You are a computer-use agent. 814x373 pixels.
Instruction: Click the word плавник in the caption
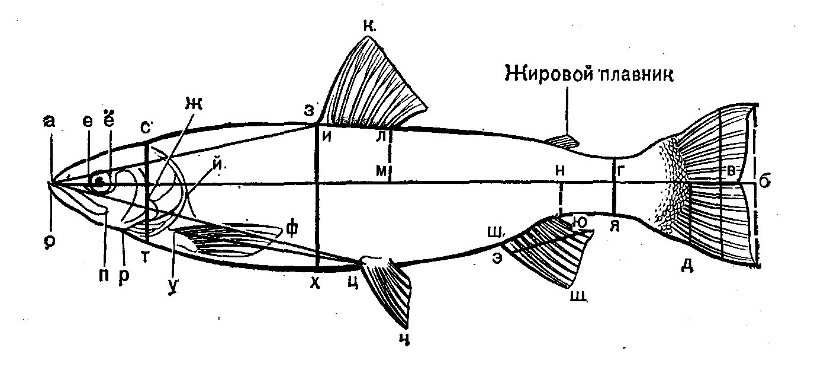[638, 75]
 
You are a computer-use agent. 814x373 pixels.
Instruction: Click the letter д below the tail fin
[687, 266]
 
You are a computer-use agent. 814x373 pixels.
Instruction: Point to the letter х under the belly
[315, 284]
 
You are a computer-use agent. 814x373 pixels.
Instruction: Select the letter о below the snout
[50, 241]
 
